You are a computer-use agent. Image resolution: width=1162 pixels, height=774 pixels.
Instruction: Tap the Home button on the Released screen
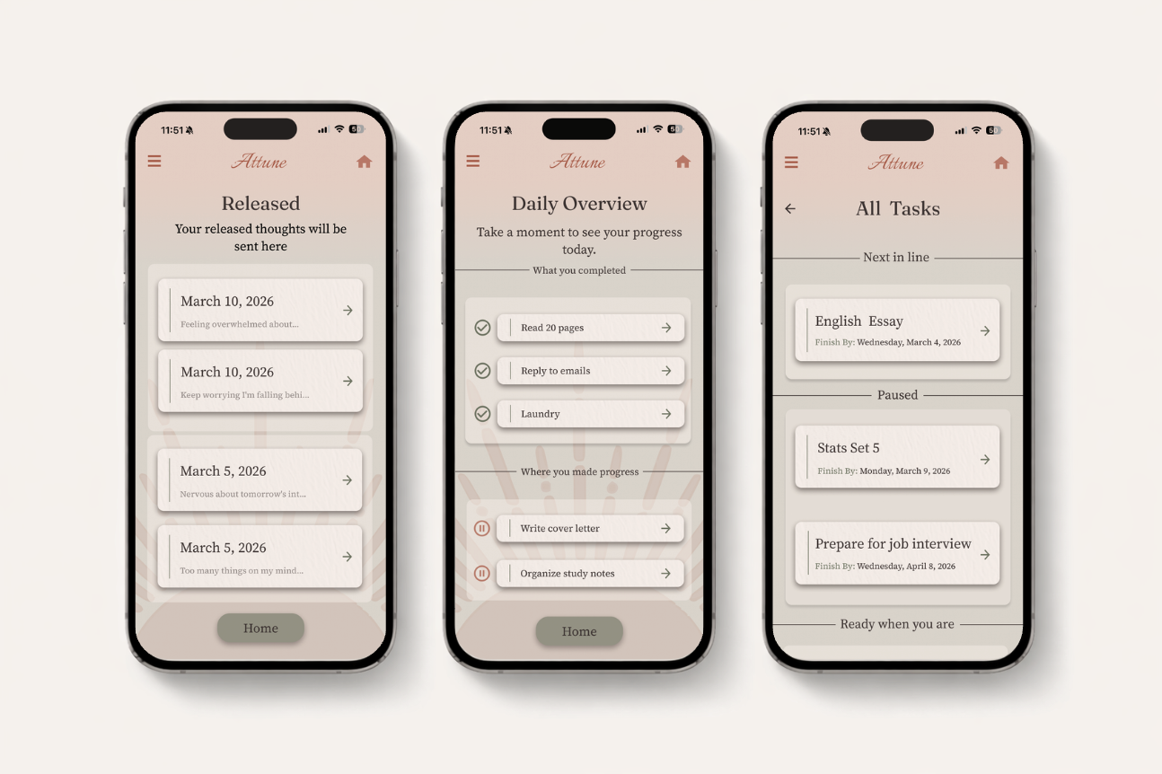click(260, 629)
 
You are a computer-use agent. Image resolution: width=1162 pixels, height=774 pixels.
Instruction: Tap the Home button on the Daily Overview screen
click(579, 631)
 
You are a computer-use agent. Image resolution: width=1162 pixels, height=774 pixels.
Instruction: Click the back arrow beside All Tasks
click(790, 208)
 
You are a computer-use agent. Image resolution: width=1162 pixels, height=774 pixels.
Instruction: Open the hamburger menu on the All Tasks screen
click(791, 163)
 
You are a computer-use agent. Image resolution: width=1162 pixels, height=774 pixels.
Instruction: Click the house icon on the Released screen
click(364, 162)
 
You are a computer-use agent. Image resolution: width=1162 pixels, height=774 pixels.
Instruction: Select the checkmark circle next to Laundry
click(482, 414)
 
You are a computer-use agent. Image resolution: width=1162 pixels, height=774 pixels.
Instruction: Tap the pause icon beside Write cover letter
click(482, 528)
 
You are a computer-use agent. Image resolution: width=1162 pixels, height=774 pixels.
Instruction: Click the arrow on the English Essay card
click(985, 330)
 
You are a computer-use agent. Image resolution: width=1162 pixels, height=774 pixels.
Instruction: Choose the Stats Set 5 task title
click(849, 447)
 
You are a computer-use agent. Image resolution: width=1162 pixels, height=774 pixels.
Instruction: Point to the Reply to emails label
click(556, 371)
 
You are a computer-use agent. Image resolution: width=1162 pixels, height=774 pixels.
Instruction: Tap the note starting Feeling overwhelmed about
click(240, 324)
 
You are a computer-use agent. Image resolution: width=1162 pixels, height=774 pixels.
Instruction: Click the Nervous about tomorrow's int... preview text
click(242, 494)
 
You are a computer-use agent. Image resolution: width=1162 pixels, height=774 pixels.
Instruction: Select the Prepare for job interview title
click(893, 543)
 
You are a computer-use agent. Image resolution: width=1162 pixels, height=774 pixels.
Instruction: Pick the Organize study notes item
click(568, 574)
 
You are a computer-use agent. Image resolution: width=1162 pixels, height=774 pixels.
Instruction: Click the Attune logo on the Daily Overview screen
click(577, 162)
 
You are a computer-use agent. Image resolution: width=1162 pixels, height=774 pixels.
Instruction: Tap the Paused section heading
click(897, 395)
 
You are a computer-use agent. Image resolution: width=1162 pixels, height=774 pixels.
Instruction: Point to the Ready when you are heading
click(897, 624)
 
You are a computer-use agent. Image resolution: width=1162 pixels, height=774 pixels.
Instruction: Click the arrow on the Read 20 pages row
click(666, 328)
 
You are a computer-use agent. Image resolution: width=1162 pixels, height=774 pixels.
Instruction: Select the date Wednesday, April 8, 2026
click(906, 567)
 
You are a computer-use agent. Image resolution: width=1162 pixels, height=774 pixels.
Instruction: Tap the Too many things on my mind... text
click(242, 570)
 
